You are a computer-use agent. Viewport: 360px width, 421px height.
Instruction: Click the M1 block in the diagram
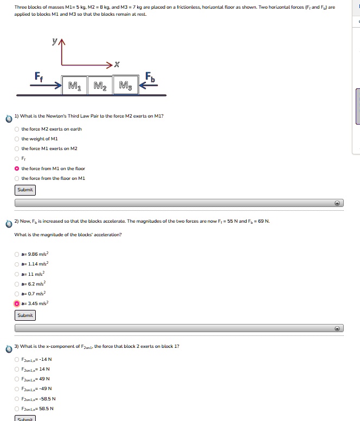(x=73, y=86)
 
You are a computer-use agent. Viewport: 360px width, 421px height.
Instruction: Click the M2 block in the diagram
(x=99, y=86)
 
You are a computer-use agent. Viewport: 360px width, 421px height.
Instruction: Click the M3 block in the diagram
(x=125, y=86)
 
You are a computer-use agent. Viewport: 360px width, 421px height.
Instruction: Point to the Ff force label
(x=40, y=76)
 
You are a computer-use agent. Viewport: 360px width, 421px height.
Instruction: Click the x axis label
(x=117, y=65)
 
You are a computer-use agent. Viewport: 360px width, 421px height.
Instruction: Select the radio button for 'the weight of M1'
(x=17, y=139)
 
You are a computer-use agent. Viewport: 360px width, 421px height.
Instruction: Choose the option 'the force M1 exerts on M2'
(x=17, y=148)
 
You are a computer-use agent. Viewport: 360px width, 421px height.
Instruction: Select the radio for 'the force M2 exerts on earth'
(x=17, y=129)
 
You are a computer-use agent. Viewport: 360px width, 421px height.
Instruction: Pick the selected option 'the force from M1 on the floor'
(x=17, y=169)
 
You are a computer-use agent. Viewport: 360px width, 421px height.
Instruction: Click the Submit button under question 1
(x=25, y=190)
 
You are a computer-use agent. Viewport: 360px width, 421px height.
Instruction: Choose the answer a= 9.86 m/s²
(x=17, y=253)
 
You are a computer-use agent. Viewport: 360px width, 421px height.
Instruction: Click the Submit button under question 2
(x=25, y=315)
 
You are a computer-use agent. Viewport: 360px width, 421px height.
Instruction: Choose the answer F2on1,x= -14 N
(x=17, y=359)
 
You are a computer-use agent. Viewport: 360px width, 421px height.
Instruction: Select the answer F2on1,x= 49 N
(x=17, y=379)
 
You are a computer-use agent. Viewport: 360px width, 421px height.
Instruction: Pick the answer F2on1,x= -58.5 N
(x=17, y=398)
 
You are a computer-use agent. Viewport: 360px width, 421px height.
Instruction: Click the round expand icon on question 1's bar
(x=337, y=203)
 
